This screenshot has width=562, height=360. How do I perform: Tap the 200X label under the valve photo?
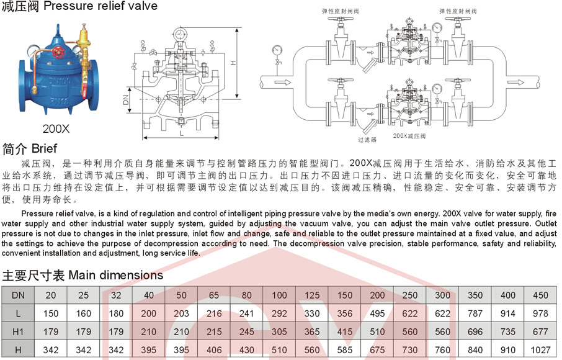tap(56, 129)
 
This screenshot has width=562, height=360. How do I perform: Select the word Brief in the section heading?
tap(44, 149)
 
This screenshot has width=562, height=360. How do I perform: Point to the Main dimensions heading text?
tap(116, 275)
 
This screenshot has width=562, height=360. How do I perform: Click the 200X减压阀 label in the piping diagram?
tap(409, 134)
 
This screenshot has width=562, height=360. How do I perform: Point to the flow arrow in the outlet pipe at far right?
tap(515, 81)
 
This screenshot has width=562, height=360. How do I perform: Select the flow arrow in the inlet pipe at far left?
tap(285, 81)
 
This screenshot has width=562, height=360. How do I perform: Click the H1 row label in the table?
tap(18, 331)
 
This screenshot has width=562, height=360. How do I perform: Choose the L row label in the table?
tap(18, 313)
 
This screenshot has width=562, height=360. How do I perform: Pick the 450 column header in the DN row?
tap(540, 295)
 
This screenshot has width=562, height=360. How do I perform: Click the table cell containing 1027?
tap(540, 350)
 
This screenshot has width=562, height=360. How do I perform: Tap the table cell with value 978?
tap(540, 313)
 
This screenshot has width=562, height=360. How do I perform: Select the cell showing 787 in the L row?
tap(475, 313)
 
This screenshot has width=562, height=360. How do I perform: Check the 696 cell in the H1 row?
tap(475, 331)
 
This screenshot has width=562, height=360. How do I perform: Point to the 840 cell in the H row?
tap(475, 350)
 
